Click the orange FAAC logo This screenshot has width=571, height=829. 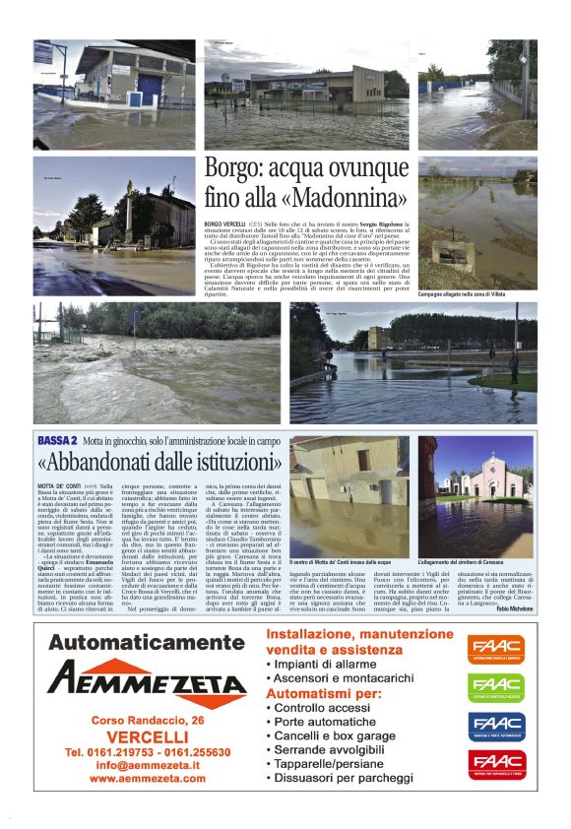click(x=496, y=649)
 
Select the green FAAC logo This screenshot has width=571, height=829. click(x=496, y=687)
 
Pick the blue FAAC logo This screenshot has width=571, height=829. click(x=496, y=727)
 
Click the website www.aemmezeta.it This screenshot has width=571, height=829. click(x=147, y=778)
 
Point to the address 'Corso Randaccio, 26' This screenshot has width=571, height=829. click(x=147, y=721)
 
